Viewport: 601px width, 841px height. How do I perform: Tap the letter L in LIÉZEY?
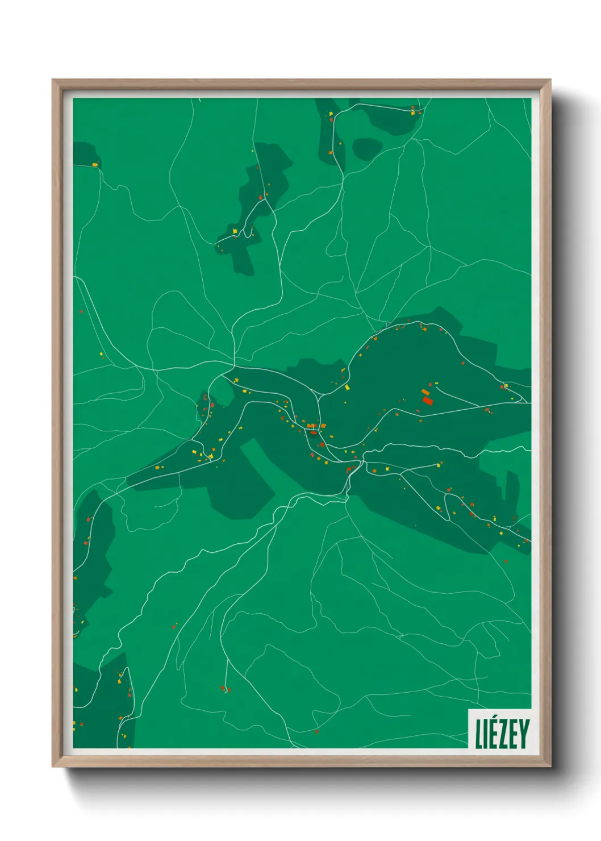pyautogui.click(x=479, y=734)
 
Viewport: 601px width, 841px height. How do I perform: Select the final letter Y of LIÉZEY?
pyautogui.click(x=524, y=734)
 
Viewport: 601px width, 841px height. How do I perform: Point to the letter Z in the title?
pyautogui.click(x=503, y=734)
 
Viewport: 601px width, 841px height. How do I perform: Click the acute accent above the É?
pyautogui.click(x=494, y=719)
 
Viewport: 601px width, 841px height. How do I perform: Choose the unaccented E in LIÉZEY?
pyautogui.click(x=513, y=734)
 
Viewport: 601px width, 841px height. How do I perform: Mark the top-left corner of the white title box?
pyautogui.click(x=469, y=709)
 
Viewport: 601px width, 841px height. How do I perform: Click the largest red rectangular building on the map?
pyautogui.click(x=428, y=401)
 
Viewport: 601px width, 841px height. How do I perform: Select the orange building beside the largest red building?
pyautogui.click(x=425, y=392)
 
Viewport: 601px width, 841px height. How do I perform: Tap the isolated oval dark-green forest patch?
pyautogui.click(x=367, y=149)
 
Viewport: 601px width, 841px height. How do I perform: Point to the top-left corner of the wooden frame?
pyautogui.click(x=53, y=80)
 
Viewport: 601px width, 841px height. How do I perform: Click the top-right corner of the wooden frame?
pyautogui.click(x=550, y=80)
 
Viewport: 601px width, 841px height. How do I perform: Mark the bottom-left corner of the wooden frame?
pyautogui.click(x=53, y=766)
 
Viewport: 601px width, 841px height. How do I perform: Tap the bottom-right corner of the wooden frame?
pyautogui.click(x=550, y=766)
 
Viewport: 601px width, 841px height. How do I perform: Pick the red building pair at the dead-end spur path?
pyautogui.click(x=226, y=689)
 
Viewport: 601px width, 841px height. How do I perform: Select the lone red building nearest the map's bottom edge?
pyautogui.click(x=316, y=731)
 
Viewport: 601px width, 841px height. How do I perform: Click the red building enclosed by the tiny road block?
pyautogui.click(x=313, y=432)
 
